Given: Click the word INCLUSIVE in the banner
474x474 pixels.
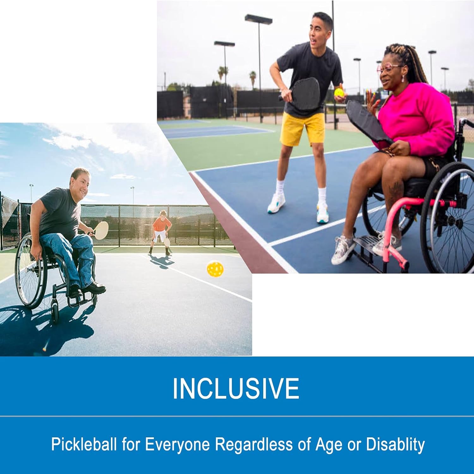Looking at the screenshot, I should [236, 388].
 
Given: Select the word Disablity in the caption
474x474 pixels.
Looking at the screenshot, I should [395, 444].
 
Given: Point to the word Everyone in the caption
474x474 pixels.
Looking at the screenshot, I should [177, 444].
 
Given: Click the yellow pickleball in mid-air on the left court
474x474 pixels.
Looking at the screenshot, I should [215, 269].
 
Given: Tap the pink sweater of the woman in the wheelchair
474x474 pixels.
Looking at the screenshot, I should [417, 117].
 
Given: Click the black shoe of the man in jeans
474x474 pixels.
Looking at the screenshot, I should [95, 288].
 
